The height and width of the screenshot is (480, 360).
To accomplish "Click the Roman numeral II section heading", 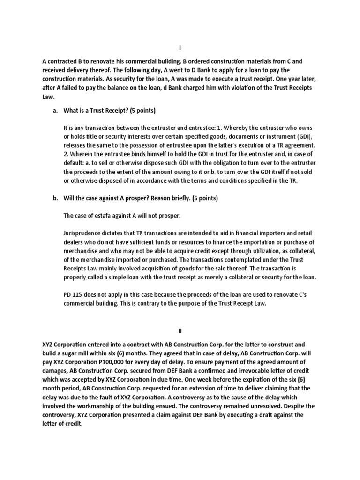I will [180, 332].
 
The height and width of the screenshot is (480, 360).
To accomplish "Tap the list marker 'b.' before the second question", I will [55, 198].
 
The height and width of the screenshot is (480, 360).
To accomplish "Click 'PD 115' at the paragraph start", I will [73, 294].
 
